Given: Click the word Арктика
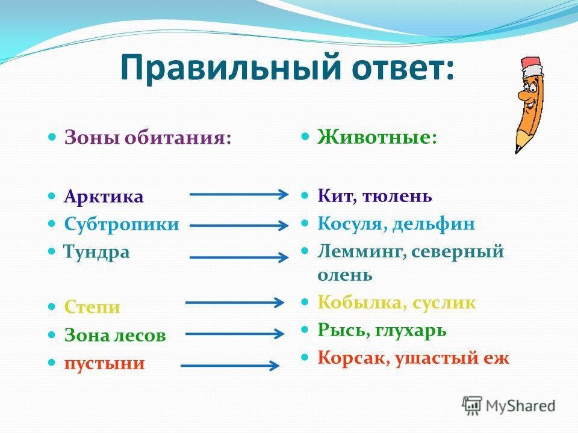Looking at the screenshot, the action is (104, 196).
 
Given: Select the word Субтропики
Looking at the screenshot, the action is (122, 224).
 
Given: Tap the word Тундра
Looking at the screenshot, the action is (96, 253).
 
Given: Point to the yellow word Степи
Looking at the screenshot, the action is (92, 306).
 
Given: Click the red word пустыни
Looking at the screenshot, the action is (105, 363).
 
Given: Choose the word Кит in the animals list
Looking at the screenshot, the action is (337, 195).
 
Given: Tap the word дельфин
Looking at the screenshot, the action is (433, 224).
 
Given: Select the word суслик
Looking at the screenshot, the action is (444, 303).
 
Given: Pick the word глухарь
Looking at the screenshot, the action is (411, 330).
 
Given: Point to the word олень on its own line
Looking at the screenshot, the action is (344, 275).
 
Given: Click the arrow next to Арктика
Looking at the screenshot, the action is (239, 194).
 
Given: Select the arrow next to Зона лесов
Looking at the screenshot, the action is (235, 334).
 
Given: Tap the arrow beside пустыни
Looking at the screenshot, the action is (230, 366).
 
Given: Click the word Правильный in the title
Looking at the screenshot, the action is (229, 68).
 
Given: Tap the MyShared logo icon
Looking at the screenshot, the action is (472, 405).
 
